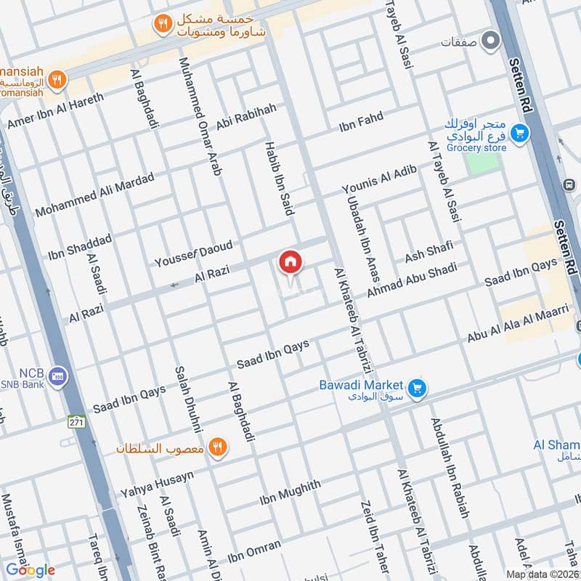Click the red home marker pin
(290, 262)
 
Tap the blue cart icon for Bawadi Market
(416, 389)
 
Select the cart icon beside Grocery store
(518, 133)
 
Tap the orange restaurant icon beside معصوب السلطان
(216, 447)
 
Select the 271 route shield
(77, 422)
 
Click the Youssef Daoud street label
(193, 253)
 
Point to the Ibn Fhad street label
(361, 122)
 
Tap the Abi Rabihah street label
(246, 117)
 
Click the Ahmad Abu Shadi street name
(412, 279)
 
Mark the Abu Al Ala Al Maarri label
(517, 325)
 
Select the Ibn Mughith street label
(290, 494)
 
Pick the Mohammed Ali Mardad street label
(94, 195)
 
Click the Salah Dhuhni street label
(188, 399)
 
